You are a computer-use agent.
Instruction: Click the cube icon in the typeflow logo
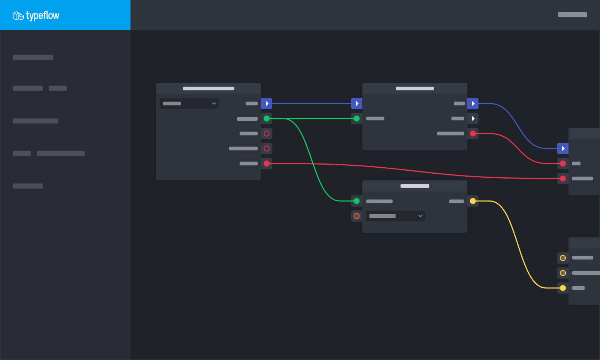[x=18, y=16]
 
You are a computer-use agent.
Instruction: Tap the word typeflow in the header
[x=43, y=15]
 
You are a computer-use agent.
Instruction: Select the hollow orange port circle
[x=357, y=216]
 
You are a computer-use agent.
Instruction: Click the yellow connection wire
[x=518, y=244]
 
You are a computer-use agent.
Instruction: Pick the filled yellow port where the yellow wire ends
[x=563, y=288]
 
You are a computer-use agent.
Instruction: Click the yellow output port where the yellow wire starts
[x=473, y=201]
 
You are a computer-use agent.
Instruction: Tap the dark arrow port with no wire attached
[x=473, y=118]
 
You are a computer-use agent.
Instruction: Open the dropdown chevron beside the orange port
[x=420, y=216]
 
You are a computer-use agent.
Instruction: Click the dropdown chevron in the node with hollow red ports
[x=214, y=103]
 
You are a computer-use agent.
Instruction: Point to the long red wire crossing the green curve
[x=415, y=171]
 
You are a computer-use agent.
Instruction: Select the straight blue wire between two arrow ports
[x=312, y=103]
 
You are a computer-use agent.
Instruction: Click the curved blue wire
[x=518, y=126]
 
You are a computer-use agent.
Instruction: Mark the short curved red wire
[x=518, y=148]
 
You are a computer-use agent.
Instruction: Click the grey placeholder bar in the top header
[x=572, y=15]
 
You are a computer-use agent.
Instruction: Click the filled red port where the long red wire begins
[x=267, y=163]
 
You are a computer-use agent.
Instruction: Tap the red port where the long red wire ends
[x=563, y=178]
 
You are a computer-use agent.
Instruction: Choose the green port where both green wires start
[x=267, y=118]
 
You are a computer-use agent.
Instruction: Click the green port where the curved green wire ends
[x=357, y=201]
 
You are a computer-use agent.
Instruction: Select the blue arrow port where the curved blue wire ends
[x=563, y=148]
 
